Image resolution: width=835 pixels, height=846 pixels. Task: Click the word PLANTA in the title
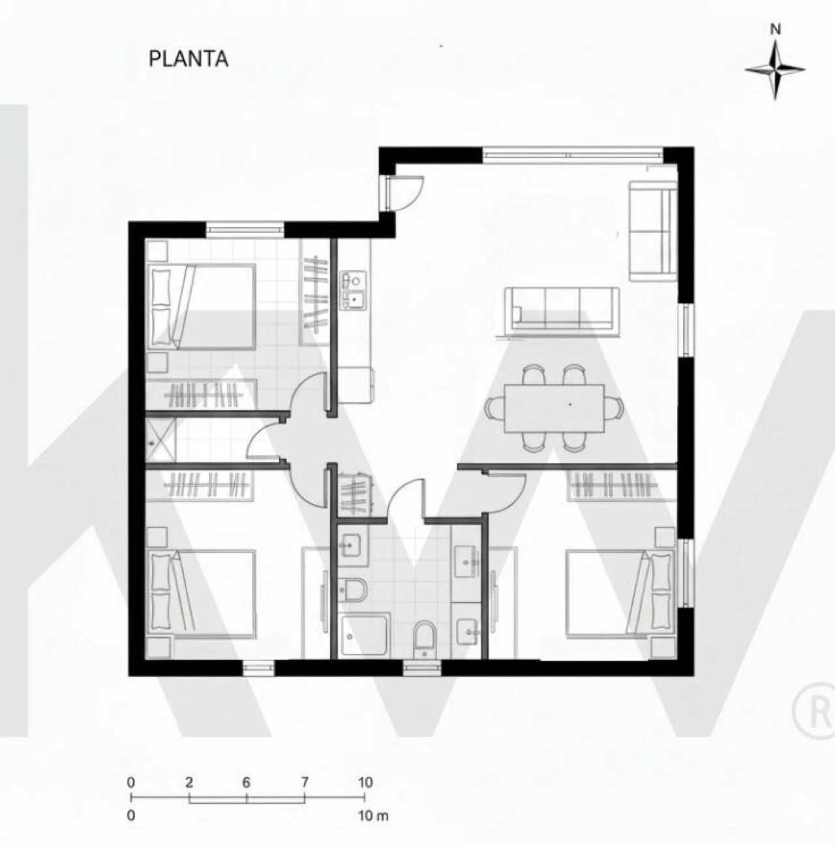pyautogui.click(x=189, y=59)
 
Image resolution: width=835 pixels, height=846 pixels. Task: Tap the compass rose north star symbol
pyautogui.click(x=775, y=70)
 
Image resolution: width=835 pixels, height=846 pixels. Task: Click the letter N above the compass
pyautogui.click(x=776, y=30)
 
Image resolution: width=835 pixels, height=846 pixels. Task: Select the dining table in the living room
pyautogui.click(x=554, y=408)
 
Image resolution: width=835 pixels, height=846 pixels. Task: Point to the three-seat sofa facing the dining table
pyautogui.click(x=562, y=308)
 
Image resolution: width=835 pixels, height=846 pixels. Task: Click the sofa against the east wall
pyautogui.click(x=653, y=230)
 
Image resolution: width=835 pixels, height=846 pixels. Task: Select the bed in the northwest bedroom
pyautogui.click(x=202, y=306)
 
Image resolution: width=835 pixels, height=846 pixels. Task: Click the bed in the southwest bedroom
pyautogui.click(x=202, y=593)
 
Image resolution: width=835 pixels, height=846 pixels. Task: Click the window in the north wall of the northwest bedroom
pyautogui.click(x=245, y=228)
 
